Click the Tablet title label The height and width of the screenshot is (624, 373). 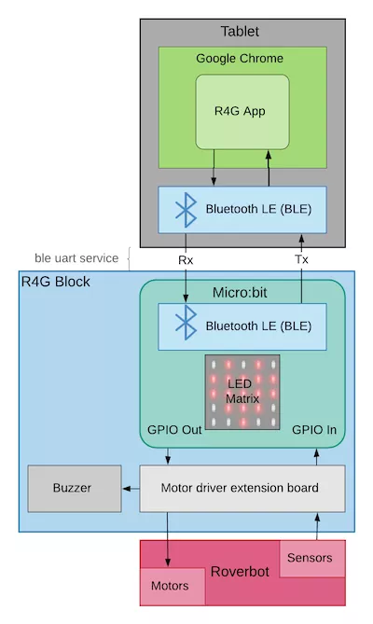241,32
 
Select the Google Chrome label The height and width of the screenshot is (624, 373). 240,58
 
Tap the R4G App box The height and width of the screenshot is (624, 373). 241,111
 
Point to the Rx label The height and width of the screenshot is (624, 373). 185,259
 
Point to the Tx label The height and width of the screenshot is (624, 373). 301,259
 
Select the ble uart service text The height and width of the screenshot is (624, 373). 76,257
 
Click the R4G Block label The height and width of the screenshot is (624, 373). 56,281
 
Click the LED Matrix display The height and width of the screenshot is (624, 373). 242,392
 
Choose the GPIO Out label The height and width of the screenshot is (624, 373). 174,431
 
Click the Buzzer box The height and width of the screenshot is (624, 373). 74,488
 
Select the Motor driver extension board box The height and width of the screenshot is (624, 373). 240,488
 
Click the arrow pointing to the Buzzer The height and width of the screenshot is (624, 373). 130,488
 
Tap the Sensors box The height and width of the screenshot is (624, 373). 309,558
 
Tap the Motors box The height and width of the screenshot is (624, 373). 169,586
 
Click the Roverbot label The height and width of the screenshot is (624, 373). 241,571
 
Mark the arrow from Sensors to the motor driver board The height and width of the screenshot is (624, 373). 316,525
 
